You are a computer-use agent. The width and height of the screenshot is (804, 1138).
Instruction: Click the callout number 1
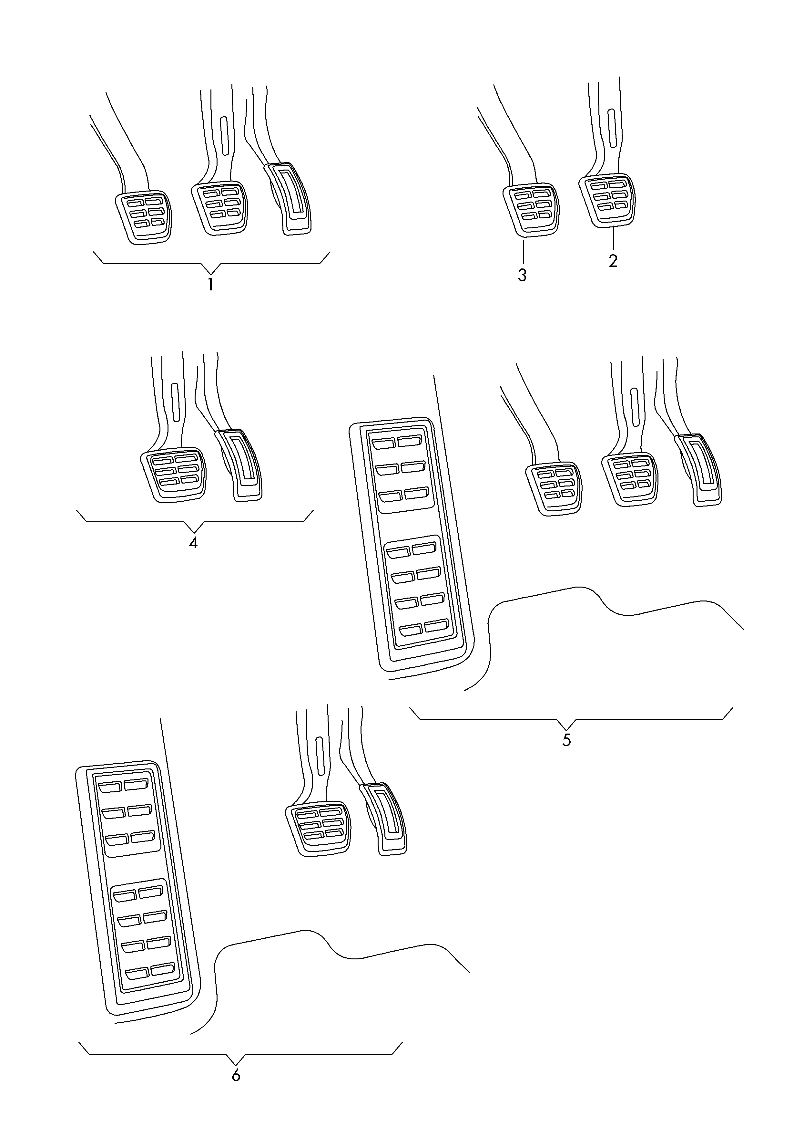210,285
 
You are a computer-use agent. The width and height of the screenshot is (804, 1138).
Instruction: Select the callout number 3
522,275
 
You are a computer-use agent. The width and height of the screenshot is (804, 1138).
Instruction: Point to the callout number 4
193,543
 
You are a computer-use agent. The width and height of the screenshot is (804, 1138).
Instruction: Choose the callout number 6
236,1075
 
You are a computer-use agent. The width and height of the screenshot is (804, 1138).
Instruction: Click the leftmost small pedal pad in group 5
554,488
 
